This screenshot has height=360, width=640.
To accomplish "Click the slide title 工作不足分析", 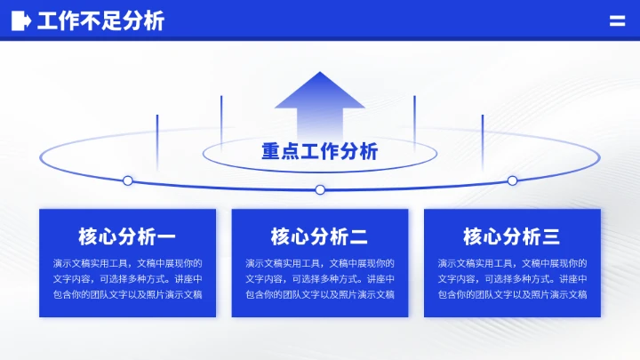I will pyautogui.click(x=100, y=21).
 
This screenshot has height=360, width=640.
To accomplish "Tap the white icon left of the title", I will pyautogui.click(x=21, y=21).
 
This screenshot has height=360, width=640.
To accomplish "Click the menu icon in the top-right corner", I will pyautogui.click(x=617, y=21).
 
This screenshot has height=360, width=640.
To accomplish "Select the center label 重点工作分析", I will pyautogui.click(x=320, y=151).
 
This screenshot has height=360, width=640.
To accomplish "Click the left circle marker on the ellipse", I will pyautogui.click(x=128, y=180).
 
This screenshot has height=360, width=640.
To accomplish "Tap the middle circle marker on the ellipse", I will pyautogui.click(x=320, y=189).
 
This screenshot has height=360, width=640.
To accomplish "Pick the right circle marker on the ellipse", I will pyautogui.click(x=512, y=180).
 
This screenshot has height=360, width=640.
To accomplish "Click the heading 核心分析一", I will pyautogui.click(x=127, y=236).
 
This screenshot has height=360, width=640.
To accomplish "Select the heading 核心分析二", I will pyautogui.click(x=320, y=236).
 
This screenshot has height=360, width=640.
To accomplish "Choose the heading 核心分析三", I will pyautogui.click(x=512, y=236).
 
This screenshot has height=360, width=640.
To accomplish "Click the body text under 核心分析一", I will pyautogui.click(x=127, y=278).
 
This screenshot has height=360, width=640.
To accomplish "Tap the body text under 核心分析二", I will pyautogui.click(x=320, y=278).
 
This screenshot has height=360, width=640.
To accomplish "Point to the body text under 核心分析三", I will pyautogui.click(x=512, y=278).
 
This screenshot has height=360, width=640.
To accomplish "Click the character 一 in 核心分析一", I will pyautogui.click(x=165, y=236).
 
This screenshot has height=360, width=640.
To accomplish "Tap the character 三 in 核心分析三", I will pyautogui.click(x=550, y=236).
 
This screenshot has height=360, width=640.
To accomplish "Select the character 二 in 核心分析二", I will pyautogui.click(x=358, y=236).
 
